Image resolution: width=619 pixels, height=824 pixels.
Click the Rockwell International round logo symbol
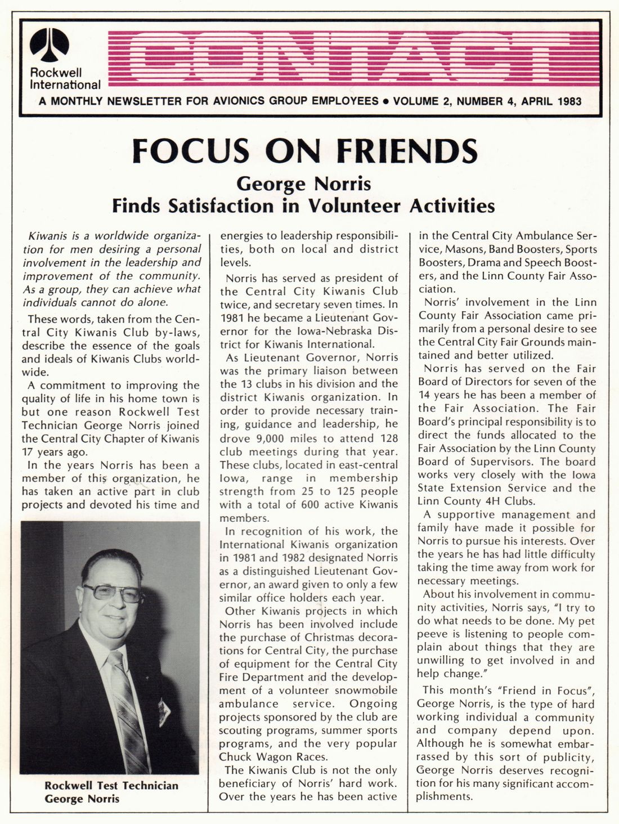tap(50, 45)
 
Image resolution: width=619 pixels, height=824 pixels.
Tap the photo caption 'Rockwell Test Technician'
tap(111, 786)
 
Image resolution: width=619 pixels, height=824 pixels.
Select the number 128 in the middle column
tap(388, 438)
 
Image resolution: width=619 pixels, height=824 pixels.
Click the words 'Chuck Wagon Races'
tap(273, 756)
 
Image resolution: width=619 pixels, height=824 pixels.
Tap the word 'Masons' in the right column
tap(465, 249)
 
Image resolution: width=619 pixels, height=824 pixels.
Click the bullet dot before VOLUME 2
tap(386, 102)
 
